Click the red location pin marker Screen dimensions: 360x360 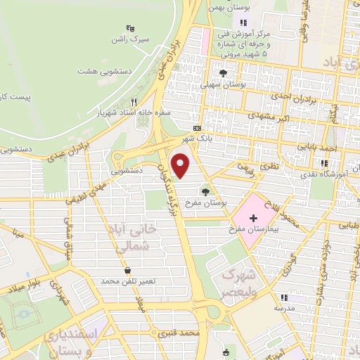coord(181,166)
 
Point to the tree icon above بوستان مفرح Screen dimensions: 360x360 coord(205,191)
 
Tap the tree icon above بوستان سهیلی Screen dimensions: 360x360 coord(223,72)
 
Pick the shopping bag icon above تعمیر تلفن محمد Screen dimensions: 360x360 coord(126,270)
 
